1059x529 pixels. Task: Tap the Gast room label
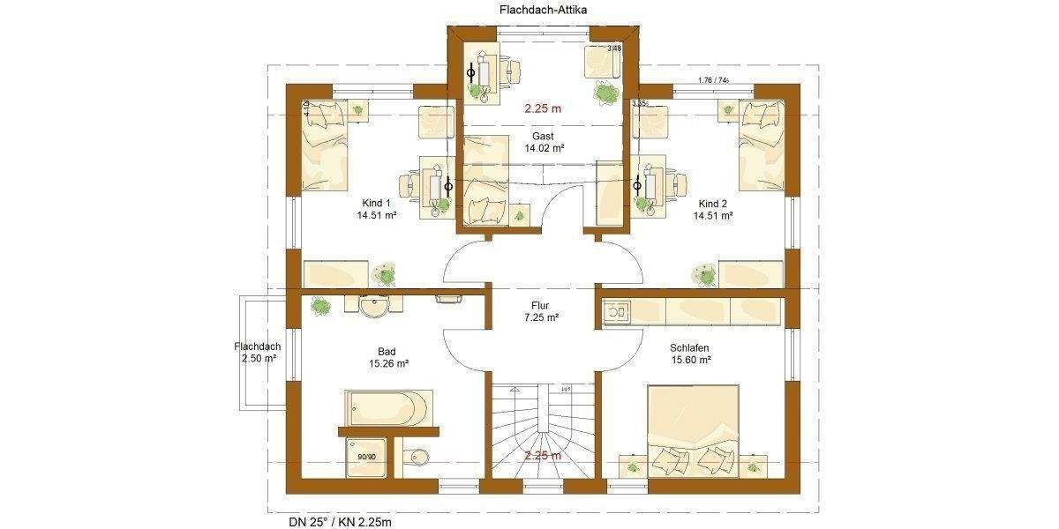[543, 136]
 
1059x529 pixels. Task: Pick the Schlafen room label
[690, 347]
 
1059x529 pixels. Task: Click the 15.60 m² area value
[690, 361]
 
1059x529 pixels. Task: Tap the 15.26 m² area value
[388, 363]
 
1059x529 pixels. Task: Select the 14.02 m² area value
[543, 149]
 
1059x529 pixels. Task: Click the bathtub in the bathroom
[387, 407]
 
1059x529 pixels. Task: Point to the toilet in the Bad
[418, 458]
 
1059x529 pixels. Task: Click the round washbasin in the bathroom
[374, 309]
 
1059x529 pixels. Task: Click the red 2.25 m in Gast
[543, 109]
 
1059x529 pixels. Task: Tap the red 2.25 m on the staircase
[543, 456]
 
